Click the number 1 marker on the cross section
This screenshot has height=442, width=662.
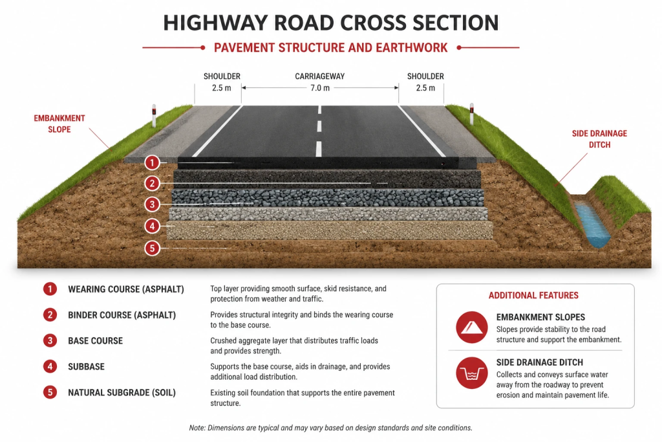(x=152, y=162)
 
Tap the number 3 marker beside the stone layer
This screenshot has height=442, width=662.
(x=152, y=204)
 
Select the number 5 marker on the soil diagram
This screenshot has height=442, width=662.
(x=152, y=248)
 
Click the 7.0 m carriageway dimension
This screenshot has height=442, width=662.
(x=320, y=88)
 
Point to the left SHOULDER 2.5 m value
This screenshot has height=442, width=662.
(x=222, y=88)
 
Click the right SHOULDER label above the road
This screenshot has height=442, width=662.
(x=425, y=76)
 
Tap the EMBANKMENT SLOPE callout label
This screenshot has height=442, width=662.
(x=59, y=124)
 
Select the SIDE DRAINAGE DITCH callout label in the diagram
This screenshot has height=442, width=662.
(x=599, y=139)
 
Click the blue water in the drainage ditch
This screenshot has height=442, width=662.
(x=593, y=224)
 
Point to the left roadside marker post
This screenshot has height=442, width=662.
(x=154, y=115)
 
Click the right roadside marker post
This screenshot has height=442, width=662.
(x=471, y=114)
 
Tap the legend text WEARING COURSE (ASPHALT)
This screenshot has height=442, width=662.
(x=126, y=289)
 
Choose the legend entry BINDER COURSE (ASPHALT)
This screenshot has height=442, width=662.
(x=122, y=315)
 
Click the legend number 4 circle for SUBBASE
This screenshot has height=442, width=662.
(x=50, y=366)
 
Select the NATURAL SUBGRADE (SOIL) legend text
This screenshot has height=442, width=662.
(x=122, y=393)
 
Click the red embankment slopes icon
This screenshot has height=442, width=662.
(x=471, y=327)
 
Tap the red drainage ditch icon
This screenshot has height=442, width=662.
(x=471, y=373)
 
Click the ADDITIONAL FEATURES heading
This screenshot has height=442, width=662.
(x=533, y=295)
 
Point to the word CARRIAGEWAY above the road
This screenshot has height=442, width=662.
(x=320, y=76)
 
